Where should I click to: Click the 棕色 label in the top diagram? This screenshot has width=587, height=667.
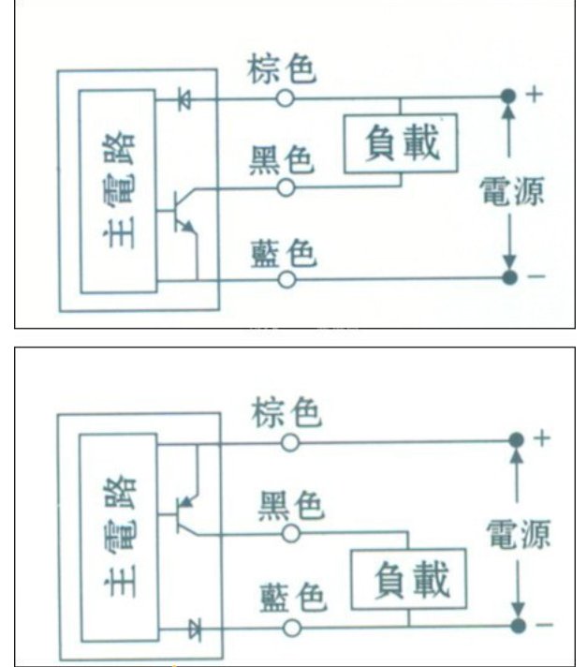282,69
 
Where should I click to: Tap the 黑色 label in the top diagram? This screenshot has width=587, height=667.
282,159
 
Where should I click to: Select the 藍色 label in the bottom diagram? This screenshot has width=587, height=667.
293,598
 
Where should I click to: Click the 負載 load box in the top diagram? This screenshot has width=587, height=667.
401,143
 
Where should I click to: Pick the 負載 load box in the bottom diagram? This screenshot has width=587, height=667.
408,579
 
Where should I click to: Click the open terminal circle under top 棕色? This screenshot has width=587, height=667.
286,98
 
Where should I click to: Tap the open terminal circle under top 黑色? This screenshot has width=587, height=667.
286,187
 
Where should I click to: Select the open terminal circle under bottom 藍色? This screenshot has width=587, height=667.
292,628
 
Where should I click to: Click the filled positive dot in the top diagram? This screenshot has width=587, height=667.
508,96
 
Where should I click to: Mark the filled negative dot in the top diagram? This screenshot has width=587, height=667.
509,277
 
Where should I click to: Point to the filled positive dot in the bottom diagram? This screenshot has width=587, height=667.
517,440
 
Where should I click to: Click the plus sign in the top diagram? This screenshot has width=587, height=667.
535,95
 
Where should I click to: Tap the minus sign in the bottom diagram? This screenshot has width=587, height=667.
545,625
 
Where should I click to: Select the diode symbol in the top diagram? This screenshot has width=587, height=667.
185,99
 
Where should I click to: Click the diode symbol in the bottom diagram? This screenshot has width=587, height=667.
195,630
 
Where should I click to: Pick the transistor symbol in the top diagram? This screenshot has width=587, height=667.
181,213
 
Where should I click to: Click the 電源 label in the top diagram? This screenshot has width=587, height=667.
512,191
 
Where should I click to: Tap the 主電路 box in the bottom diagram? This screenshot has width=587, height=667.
120,538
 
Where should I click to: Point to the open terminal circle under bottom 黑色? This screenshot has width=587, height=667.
291,533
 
